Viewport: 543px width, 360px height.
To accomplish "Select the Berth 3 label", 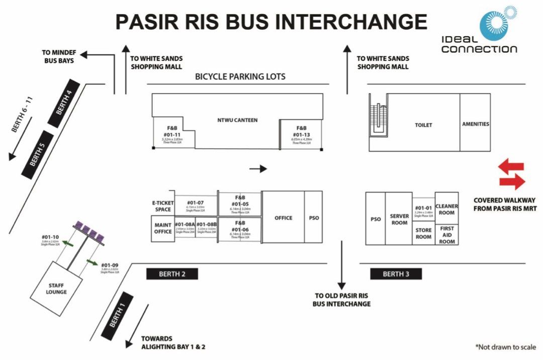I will [x=396, y=274].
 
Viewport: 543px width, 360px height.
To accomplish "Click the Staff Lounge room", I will [x=56, y=288].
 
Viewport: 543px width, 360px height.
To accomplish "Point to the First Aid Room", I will [x=447, y=235].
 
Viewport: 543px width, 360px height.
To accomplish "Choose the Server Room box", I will [x=399, y=219].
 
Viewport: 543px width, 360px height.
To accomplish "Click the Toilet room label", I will [x=423, y=125].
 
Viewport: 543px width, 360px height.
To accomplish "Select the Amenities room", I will [x=475, y=124].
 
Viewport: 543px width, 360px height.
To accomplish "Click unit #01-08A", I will [x=184, y=227].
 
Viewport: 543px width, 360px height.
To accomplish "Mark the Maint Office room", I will [x=162, y=229].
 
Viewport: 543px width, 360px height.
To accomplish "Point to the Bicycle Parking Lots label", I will [x=240, y=77].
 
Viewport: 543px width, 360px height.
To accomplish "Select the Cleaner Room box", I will [x=446, y=209].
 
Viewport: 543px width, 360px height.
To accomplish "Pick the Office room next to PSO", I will [x=283, y=218].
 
